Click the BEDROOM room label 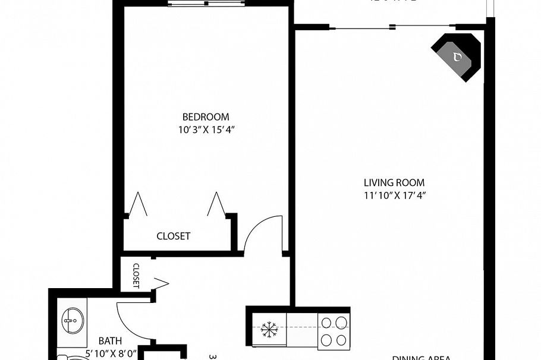tap(205, 117)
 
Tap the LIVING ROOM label tap(394, 183)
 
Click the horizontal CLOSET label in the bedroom tap(173, 236)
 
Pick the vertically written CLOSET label tap(136, 276)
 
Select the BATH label tap(110, 341)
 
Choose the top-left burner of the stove tap(326, 323)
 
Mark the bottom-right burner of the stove tap(341, 340)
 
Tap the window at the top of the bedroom tap(206, 4)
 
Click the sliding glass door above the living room tap(392, 26)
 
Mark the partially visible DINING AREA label tap(421, 358)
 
